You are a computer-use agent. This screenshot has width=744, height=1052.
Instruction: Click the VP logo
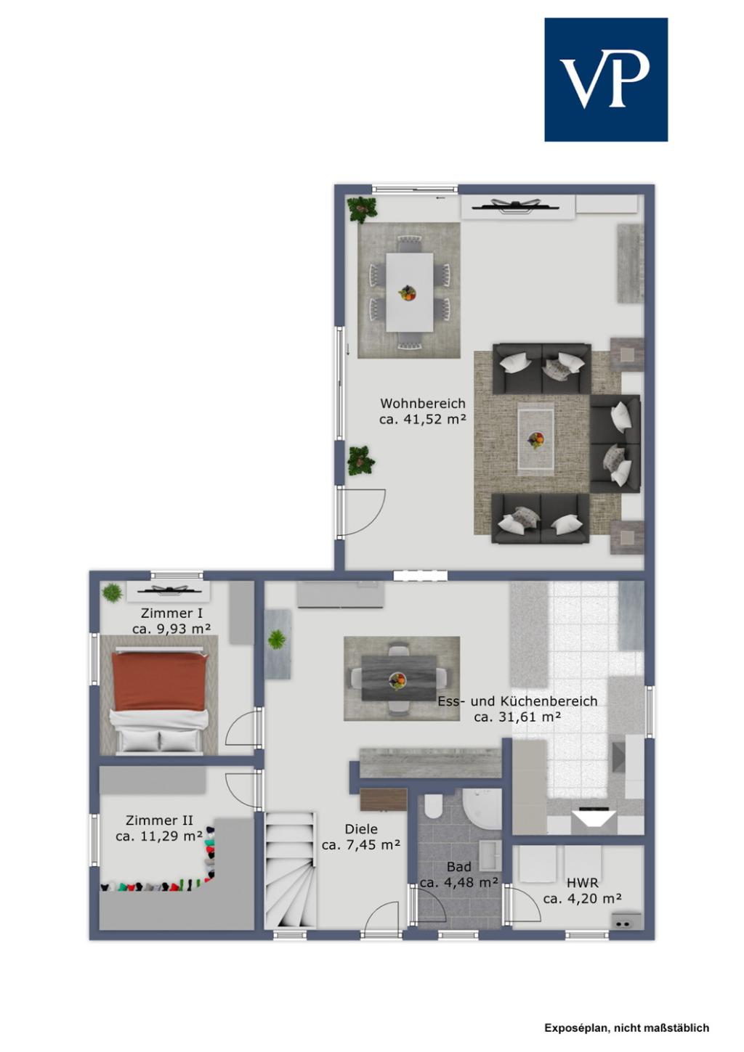click(x=606, y=79)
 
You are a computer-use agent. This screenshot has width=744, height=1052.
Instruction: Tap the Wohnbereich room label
click(x=423, y=404)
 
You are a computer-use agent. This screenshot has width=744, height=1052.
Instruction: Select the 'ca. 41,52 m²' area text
click(x=423, y=420)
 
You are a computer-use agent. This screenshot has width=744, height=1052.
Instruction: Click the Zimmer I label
click(x=171, y=613)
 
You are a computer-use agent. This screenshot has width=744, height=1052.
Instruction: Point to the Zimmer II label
click(x=159, y=820)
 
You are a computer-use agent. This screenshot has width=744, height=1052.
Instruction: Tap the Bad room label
click(x=458, y=866)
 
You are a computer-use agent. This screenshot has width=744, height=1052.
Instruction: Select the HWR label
click(x=582, y=882)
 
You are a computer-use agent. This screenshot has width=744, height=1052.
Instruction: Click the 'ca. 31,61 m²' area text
click(x=517, y=717)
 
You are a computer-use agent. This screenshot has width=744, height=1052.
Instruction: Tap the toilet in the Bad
click(x=433, y=807)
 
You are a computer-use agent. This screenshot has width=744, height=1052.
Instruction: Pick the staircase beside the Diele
click(x=291, y=870)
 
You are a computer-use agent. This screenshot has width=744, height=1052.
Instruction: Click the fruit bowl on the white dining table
click(x=407, y=293)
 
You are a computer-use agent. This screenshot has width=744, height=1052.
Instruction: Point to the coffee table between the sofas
click(x=535, y=439)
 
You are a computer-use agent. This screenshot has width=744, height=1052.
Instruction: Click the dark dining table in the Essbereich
click(x=399, y=678)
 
